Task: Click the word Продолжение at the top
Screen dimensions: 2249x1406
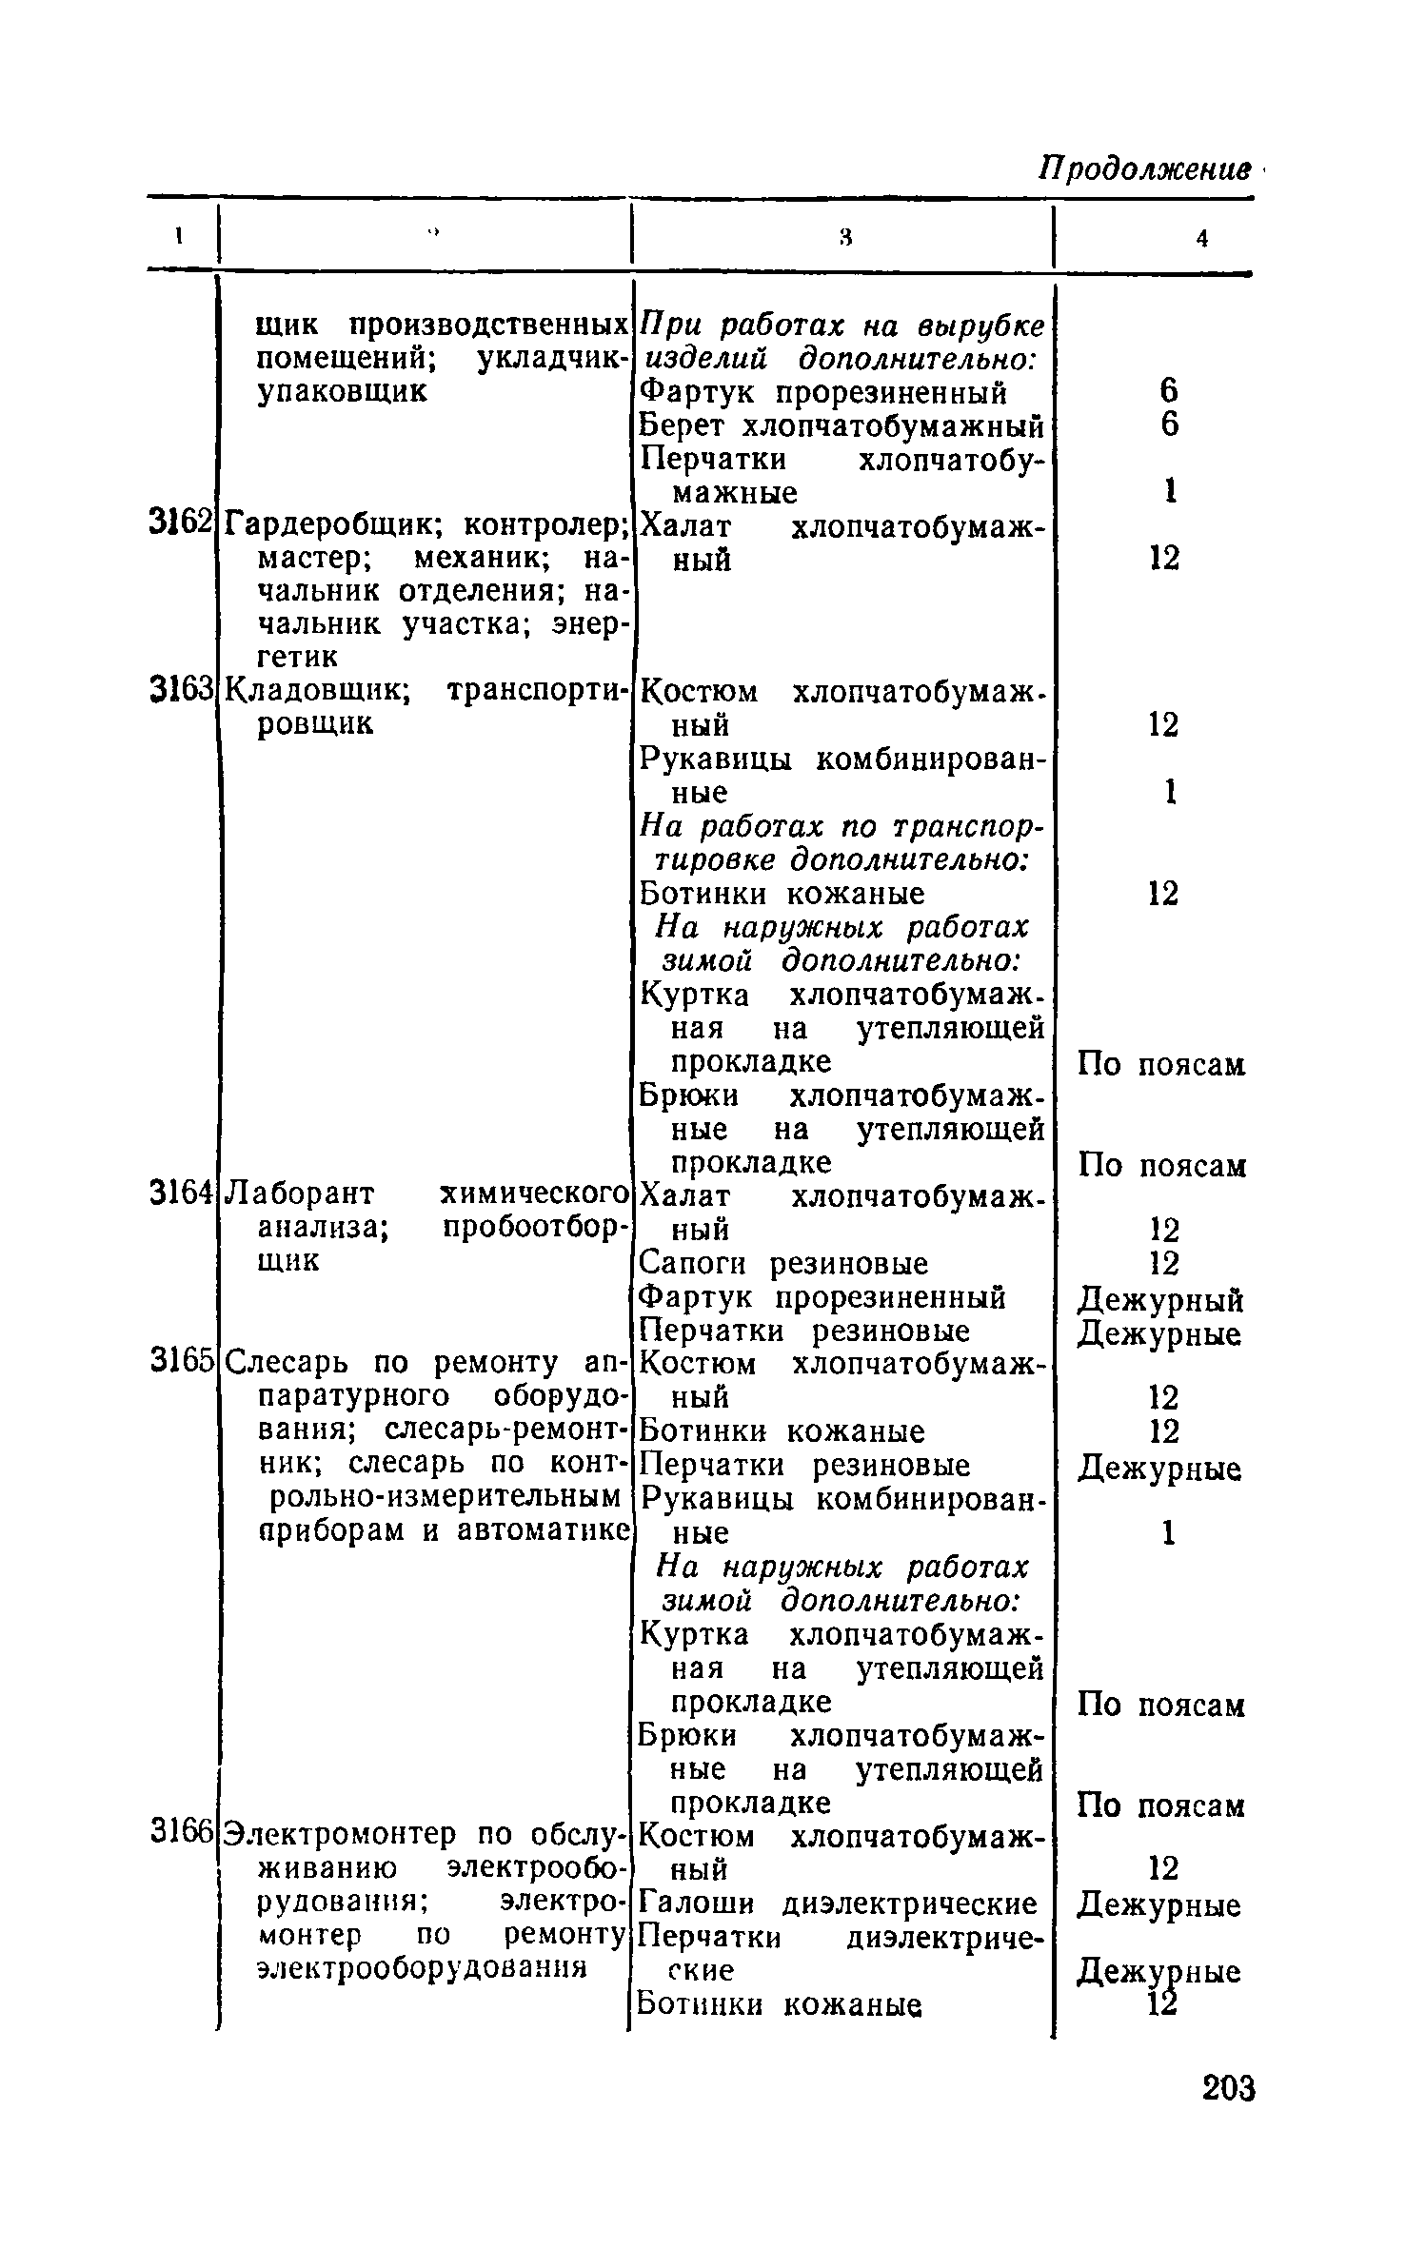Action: (1143, 169)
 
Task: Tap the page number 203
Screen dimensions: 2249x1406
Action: (1229, 2090)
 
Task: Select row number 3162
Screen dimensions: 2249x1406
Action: (179, 523)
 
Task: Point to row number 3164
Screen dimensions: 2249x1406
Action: (179, 1193)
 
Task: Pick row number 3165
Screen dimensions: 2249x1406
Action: (179, 1361)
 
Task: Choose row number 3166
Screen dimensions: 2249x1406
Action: (179, 1832)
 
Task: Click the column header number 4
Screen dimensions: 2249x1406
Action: (1202, 240)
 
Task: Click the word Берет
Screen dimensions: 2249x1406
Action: (683, 425)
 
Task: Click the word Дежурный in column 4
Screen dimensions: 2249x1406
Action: (1160, 1300)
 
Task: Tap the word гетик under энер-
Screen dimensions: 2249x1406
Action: (297, 657)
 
